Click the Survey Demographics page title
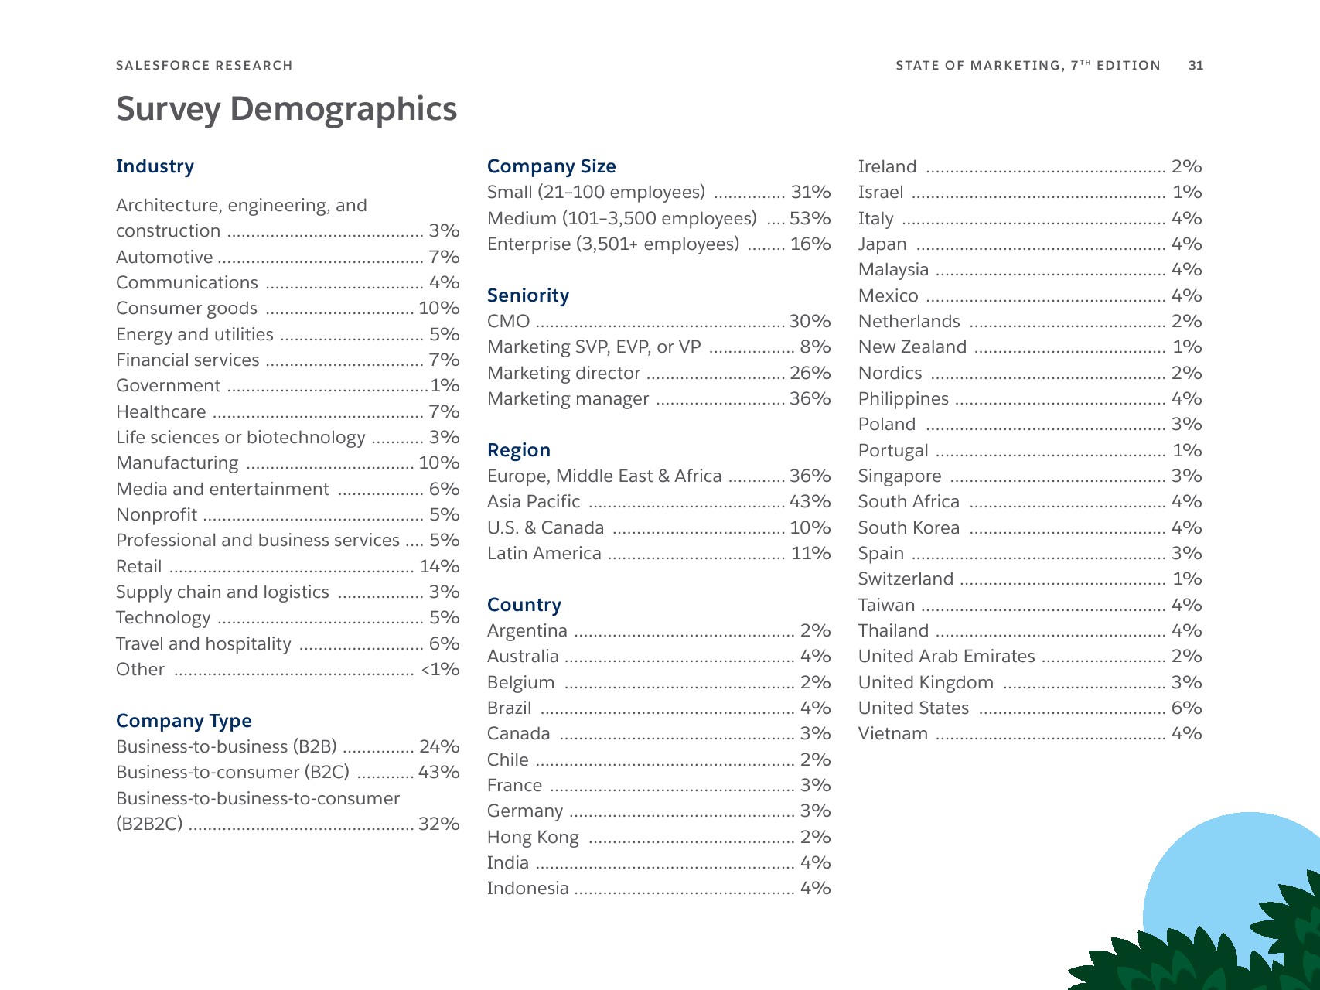[x=286, y=109]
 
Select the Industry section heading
[x=155, y=166]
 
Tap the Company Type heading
[x=184, y=721]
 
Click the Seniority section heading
[x=528, y=295]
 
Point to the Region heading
[x=519, y=450]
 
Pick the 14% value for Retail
[x=439, y=566]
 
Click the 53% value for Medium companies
[x=810, y=218]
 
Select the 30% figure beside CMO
[x=810, y=321]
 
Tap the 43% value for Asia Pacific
[x=810, y=501]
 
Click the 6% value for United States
[x=1186, y=708]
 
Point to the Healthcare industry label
[x=161, y=411]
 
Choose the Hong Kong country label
[x=533, y=837]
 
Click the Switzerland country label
[x=906, y=579]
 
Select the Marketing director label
[x=564, y=373]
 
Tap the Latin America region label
[x=544, y=553]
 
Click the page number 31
[x=1196, y=66]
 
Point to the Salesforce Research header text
[x=204, y=66]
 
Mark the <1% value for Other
[x=440, y=669]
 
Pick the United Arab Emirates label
[x=947, y=656]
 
